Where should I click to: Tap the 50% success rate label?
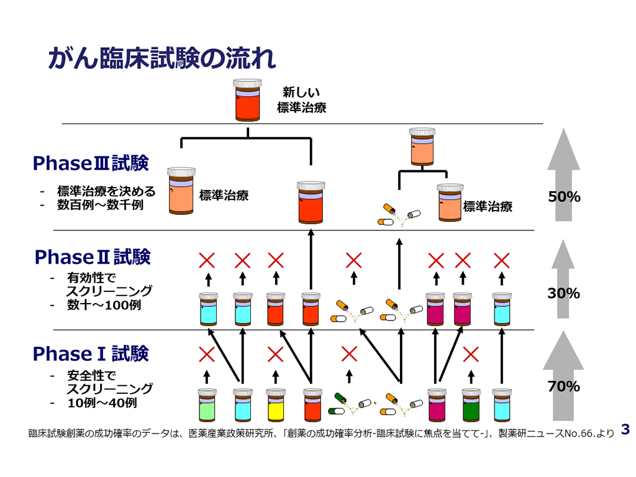(564, 197)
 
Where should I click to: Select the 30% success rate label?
(563, 293)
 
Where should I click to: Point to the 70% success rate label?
(563, 386)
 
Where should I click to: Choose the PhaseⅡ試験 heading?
(93, 257)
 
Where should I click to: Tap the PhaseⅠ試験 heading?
(91, 354)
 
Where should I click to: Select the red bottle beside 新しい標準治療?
(248, 99)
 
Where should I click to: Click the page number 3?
(625, 429)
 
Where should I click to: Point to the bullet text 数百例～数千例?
(100, 204)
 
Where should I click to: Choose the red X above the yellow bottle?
(275, 355)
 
